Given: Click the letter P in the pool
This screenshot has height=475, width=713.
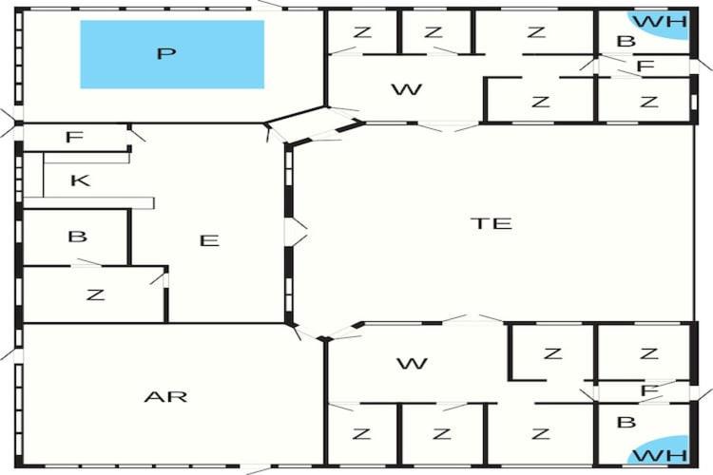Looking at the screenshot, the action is pyautogui.click(x=166, y=53).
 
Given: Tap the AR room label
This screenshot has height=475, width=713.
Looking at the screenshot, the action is pyautogui.click(x=165, y=397).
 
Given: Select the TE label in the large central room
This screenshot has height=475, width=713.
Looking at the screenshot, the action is pyautogui.click(x=491, y=223).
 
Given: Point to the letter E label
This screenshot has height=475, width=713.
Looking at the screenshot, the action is pyautogui.click(x=209, y=240).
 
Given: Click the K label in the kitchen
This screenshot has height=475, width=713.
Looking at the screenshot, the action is pyautogui.click(x=81, y=180).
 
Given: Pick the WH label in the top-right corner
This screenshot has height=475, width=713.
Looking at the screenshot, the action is pyautogui.click(x=660, y=21).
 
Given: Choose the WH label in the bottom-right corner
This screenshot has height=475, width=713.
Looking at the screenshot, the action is pyautogui.click(x=660, y=455).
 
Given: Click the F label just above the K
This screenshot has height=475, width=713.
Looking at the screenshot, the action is pyautogui.click(x=74, y=137).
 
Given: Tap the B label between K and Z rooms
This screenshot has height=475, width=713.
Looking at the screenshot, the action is pyautogui.click(x=77, y=237).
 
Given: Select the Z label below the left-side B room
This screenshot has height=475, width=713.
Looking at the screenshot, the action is pyautogui.click(x=95, y=295).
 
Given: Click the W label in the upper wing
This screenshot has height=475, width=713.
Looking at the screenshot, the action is pyautogui.click(x=407, y=89).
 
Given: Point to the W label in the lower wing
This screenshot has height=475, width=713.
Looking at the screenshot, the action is pyautogui.click(x=412, y=363).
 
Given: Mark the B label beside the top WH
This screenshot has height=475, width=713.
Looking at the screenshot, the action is pyautogui.click(x=626, y=41).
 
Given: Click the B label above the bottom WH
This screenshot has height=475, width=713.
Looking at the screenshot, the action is pyautogui.click(x=626, y=422).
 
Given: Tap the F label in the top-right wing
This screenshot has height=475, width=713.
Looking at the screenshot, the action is pyautogui.click(x=646, y=66).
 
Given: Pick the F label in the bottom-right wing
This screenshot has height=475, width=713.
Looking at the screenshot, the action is pyautogui.click(x=649, y=390).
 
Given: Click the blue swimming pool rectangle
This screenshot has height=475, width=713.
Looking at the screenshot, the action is pyautogui.click(x=172, y=54).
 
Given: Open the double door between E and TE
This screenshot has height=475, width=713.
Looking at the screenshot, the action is pyautogui.click(x=296, y=232).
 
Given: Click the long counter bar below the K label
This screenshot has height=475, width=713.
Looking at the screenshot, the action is pyautogui.click(x=88, y=202).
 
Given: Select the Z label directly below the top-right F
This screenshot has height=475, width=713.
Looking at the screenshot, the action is pyautogui.click(x=649, y=102).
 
